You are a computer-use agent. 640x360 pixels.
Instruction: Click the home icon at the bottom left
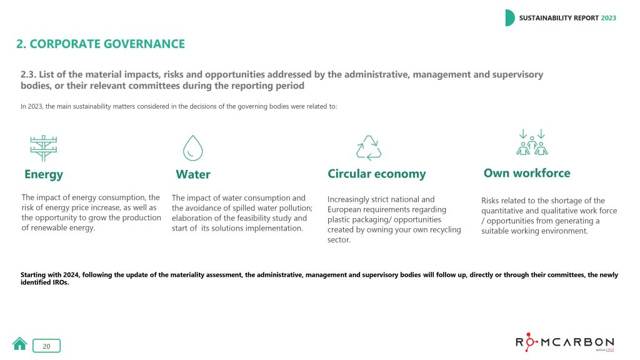(19, 344)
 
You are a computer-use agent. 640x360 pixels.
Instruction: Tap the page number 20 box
(46, 346)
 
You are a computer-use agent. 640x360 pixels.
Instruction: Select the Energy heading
(44, 175)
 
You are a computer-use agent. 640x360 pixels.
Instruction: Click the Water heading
(193, 174)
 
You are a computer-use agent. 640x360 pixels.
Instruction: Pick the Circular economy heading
(377, 174)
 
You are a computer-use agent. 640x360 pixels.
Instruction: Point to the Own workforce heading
(527, 173)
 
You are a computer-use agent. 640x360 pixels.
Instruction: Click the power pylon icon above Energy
(44, 148)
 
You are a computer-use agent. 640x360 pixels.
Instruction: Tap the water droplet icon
(192, 147)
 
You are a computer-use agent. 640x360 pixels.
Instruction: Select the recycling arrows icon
(369, 147)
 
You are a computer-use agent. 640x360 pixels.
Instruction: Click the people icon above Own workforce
(532, 142)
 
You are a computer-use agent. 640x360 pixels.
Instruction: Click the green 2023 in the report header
(609, 18)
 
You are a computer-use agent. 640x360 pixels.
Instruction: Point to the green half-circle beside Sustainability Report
(510, 18)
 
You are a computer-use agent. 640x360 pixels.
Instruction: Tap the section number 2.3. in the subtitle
(28, 74)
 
